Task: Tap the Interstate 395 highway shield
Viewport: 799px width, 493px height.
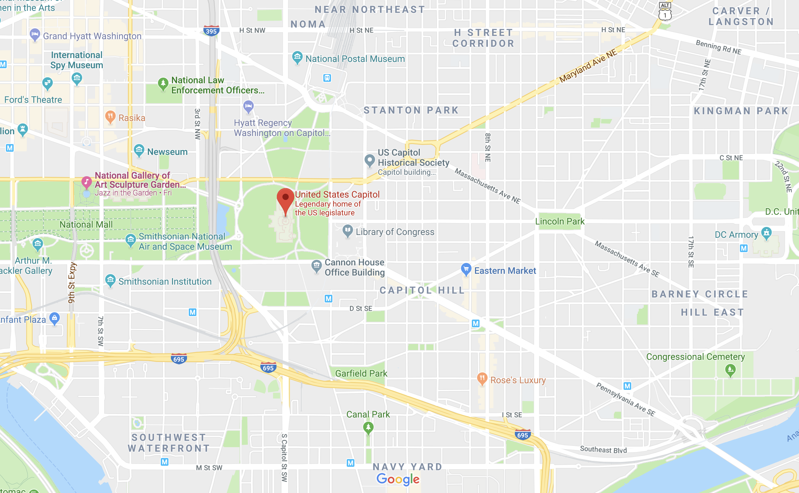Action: [211, 31]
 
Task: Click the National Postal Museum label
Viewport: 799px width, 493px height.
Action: [355, 59]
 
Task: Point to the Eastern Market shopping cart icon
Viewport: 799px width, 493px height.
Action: [466, 269]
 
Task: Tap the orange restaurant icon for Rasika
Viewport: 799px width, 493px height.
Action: [110, 117]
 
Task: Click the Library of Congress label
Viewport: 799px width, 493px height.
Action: [395, 232]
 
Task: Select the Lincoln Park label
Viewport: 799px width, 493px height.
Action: [560, 221]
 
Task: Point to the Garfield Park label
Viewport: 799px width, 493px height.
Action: [361, 373]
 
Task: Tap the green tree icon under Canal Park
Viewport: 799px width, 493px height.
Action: [368, 427]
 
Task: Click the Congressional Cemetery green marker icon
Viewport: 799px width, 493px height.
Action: [730, 370]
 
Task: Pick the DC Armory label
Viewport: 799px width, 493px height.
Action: [736, 235]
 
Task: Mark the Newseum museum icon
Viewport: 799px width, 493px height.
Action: [139, 150]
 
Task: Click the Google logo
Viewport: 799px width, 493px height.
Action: [398, 479]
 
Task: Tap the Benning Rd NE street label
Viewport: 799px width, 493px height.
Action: [718, 47]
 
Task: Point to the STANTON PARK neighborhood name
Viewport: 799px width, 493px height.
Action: [411, 110]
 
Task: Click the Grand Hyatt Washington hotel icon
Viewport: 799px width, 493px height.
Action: [35, 35]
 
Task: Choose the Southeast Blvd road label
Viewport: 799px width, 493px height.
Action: [603, 450]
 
